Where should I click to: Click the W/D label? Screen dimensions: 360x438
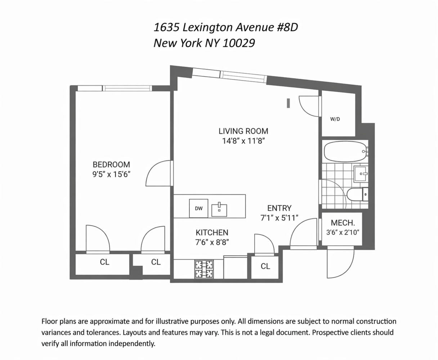pos(335,119)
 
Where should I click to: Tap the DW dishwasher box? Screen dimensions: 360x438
pos(198,208)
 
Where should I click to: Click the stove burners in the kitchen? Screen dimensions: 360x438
pos(204,269)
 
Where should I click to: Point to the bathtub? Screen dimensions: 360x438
pos(345,152)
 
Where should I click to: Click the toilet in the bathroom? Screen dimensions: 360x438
pos(357,194)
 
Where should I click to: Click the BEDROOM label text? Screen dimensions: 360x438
pos(111,165)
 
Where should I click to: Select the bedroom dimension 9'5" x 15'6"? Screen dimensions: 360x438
pos(111,175)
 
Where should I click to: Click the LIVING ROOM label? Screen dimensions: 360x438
pos(243,131)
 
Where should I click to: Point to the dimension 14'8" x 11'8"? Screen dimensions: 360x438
pos(243,141)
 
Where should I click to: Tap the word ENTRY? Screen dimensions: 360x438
pos(279,208)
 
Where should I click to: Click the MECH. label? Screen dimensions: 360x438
pos(341,223)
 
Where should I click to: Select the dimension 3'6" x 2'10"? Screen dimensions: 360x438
pos(343,233)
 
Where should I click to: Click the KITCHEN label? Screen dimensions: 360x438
pos(212,233)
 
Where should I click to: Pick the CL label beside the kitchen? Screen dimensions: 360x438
pos(265,266)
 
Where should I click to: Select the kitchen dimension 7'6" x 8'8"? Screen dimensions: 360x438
pos(212,242)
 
